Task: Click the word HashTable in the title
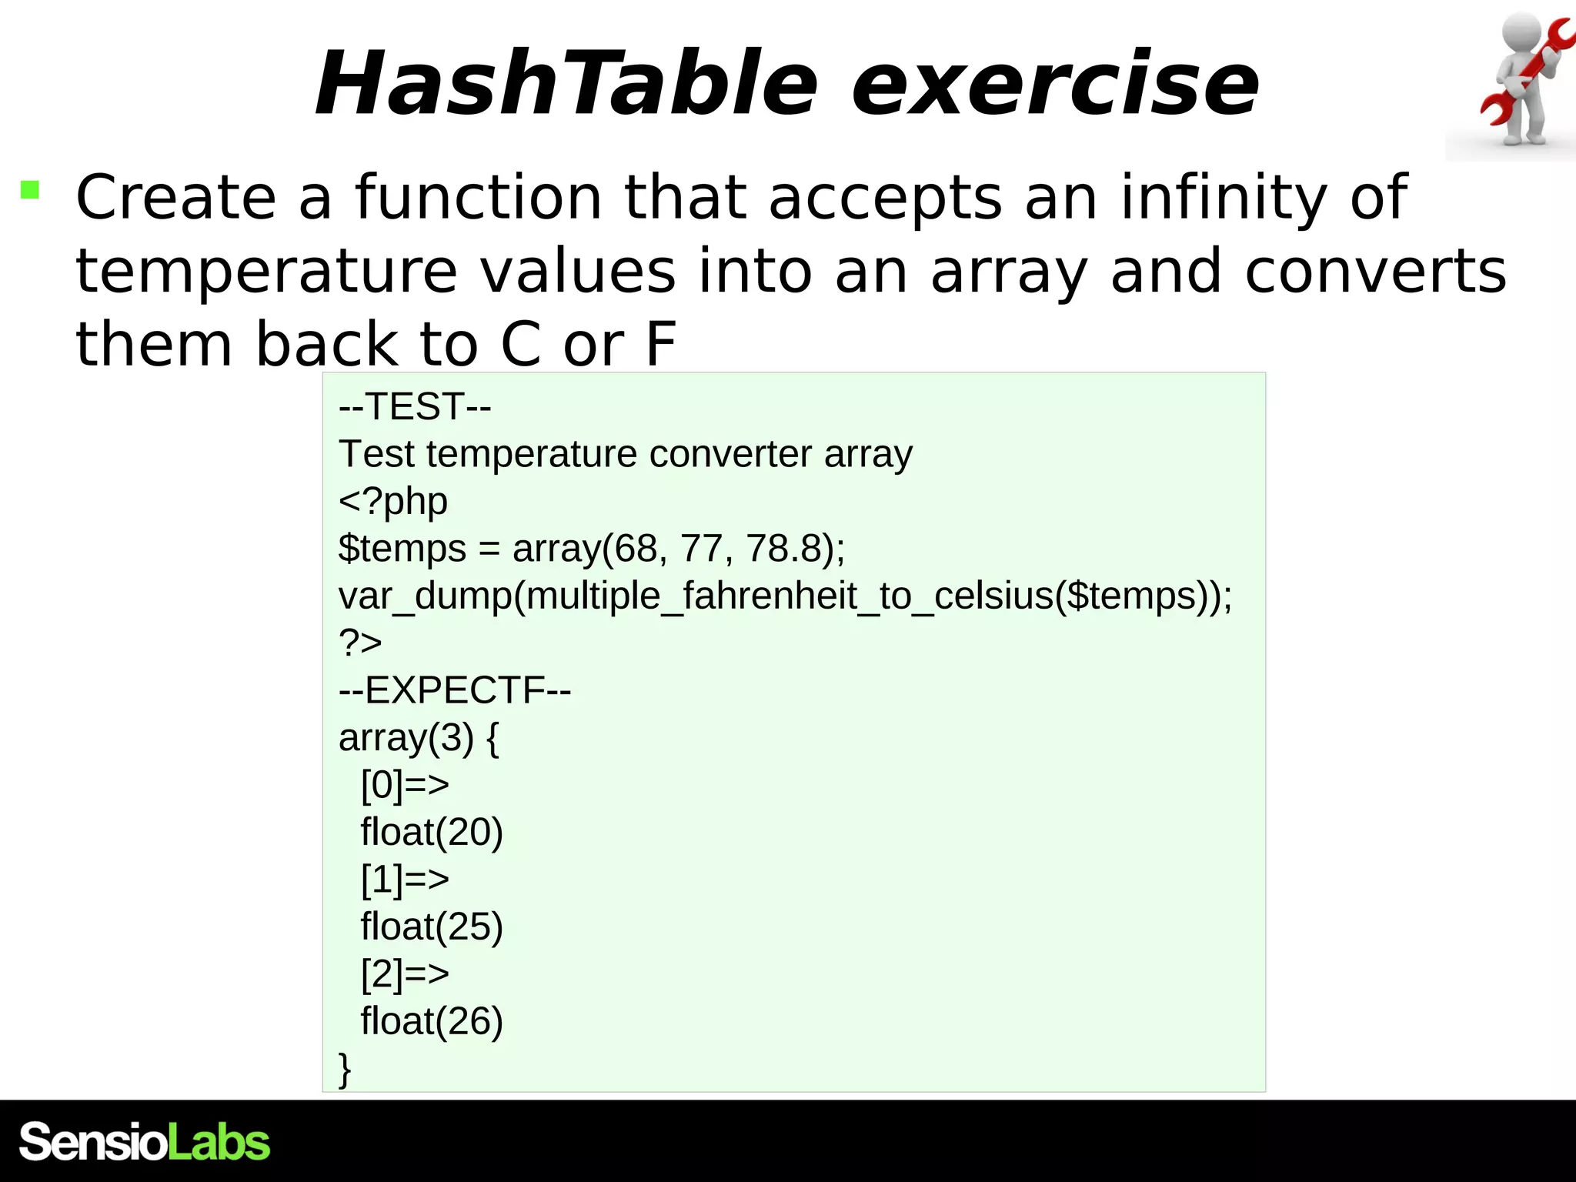[x=566, y=83]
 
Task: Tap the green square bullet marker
[x=30, y=189]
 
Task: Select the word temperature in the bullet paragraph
[x=266, y=272]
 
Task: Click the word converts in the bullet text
[x=1375, y=272]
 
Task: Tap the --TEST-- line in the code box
[x=415, y=406]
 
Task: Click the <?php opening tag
[x=393, y=501]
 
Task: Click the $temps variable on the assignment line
[x=402, y=549]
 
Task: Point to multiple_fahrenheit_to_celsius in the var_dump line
[x=789, y=596]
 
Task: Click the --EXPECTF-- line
[x=455, y=690]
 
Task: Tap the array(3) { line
[x=419, y=738]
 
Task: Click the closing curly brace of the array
[x=345, y=1069]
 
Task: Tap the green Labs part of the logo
[x=219, y=1142]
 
